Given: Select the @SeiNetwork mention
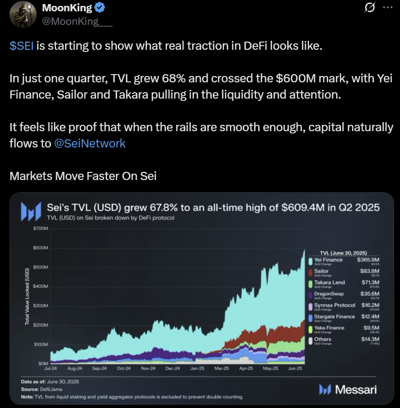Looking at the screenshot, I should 90,144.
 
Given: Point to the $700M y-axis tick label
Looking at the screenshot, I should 40,228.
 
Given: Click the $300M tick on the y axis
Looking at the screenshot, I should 40,306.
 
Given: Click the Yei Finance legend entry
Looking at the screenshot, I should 328,260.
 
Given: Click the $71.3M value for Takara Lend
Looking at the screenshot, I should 370,283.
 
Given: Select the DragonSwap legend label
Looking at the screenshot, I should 329,294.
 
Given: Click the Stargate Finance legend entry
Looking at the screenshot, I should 334,317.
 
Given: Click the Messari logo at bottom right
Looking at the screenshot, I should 348,389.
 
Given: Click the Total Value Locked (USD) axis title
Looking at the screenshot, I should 27,296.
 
